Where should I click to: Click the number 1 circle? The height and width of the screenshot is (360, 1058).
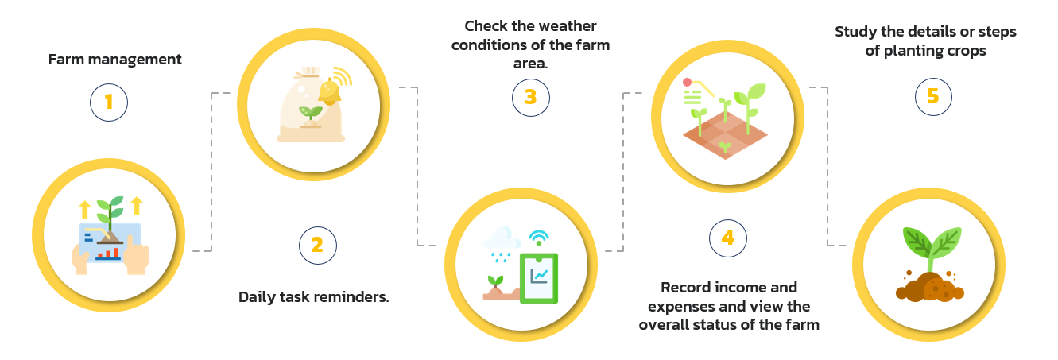pos(109,102)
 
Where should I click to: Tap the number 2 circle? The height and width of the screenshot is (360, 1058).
pos(317,246)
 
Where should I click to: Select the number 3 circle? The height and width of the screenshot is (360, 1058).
pos(530,97)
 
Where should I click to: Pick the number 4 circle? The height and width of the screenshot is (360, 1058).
pos(728,238)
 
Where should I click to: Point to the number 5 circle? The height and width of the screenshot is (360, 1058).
pos(933,96)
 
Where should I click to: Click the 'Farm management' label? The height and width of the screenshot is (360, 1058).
pos(114,60)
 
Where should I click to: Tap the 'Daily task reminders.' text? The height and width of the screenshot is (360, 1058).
pos(314,296)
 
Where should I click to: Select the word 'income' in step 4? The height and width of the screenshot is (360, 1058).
pos(729,287)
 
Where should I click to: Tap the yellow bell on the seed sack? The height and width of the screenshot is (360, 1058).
pos(330,91)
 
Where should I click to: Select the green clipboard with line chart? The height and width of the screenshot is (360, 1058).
pos(539,278)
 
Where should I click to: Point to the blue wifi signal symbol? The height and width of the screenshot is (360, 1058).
pos(538,238)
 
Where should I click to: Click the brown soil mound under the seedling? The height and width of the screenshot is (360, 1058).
pos(929,287)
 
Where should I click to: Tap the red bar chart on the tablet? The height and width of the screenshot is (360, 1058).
pos(108,254)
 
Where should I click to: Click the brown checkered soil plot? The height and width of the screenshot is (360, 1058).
pos(726,135)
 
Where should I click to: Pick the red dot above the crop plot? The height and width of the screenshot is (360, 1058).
pos(688,82)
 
